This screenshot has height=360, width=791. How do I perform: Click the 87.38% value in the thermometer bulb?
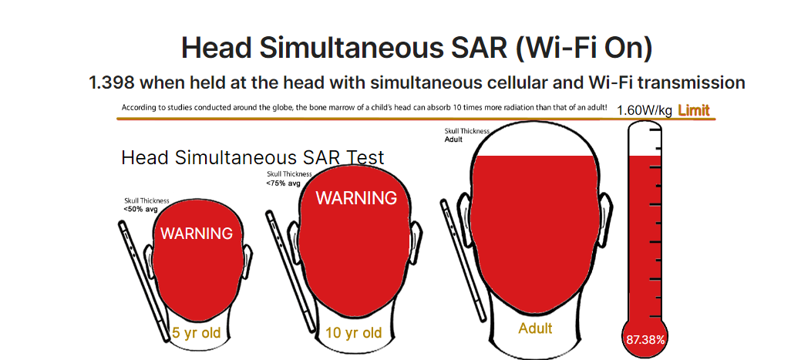point(645,340)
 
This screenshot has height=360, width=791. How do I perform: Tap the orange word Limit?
point(694,110)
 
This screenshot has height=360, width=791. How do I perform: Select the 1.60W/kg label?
point(645,111)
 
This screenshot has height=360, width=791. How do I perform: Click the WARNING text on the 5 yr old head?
point(197,234)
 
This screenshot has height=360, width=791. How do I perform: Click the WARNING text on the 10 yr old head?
point(357,198)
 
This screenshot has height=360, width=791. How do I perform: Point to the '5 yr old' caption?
point(197,333)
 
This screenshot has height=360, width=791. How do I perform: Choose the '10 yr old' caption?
point(354,333)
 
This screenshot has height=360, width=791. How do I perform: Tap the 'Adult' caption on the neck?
point(535,328)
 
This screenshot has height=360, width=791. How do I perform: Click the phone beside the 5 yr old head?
point(144,281)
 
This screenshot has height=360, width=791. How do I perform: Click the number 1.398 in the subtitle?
point(112,82)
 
